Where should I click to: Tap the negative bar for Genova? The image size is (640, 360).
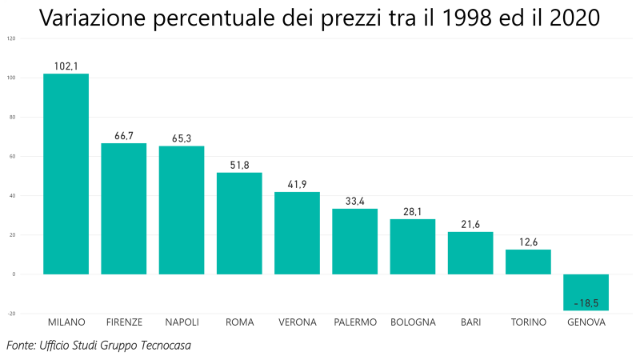tap(586, 292)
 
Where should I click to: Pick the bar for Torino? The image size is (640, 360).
tap(528, 262)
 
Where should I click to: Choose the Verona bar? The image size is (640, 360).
tap(297, 233)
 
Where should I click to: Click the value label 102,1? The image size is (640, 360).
tap(66, 66)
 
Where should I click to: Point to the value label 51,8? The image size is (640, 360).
tap(239, 166)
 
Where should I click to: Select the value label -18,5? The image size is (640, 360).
tap(586, 304)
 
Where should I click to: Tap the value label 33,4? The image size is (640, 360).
tap(354, 202)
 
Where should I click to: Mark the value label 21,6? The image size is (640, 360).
tap(470, 225)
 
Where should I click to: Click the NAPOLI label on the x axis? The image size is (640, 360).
tap(182, 322)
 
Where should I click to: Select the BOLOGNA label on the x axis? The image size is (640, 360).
tap(413, 322)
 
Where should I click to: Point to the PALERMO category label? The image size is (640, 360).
tap(355, 322)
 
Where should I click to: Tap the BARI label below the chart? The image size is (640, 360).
tap(470, 322)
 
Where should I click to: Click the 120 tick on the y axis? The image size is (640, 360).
tap(11, 38)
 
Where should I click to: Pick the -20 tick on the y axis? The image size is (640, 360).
tap(11, 314)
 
